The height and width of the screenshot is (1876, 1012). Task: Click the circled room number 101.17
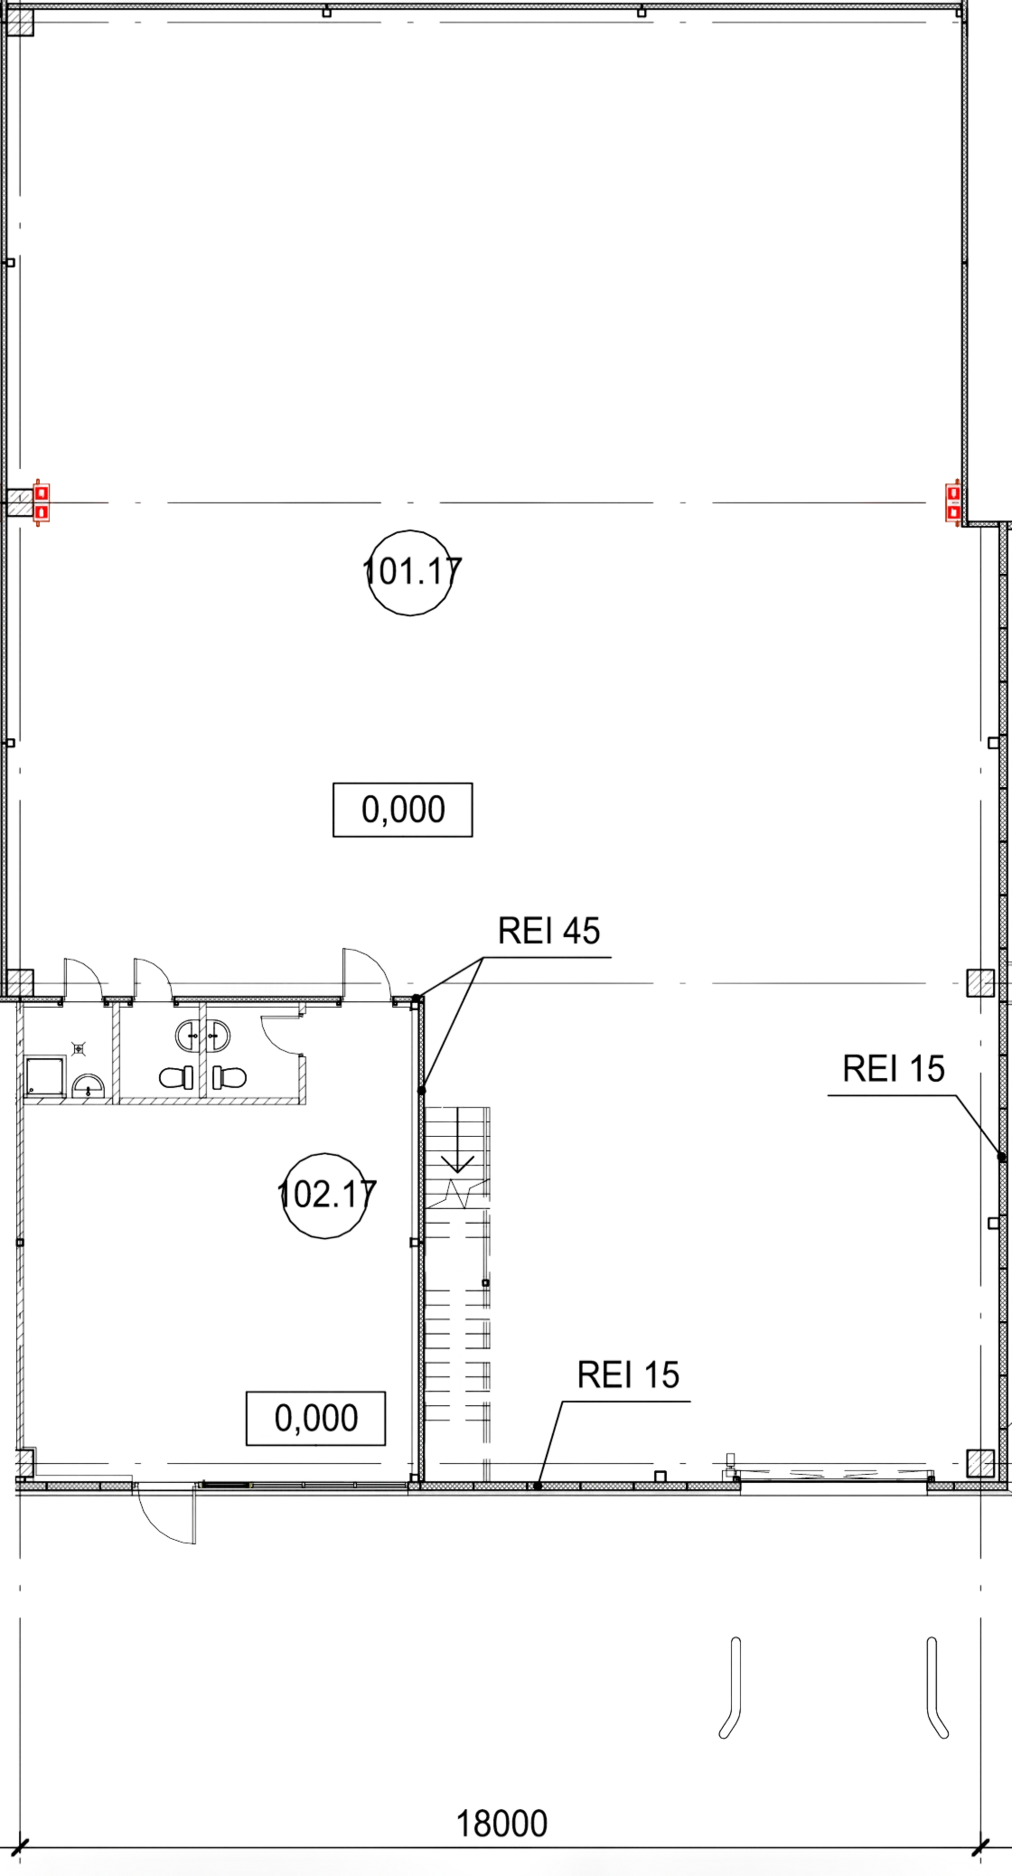[x=411, y=573]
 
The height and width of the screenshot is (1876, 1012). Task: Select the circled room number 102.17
[x=326, y=1195]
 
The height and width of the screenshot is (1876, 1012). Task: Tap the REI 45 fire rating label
[x=549, y=931]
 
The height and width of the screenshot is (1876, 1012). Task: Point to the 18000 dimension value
[x=501, y=1824]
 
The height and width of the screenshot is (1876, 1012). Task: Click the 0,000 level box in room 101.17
[x=403, y=810]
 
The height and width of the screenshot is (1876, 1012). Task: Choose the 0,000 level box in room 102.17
[x=316, y=1418]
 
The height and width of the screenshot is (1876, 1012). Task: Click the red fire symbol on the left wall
[x=41, y=502]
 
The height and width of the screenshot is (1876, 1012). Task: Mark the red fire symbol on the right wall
[x=952, y=502]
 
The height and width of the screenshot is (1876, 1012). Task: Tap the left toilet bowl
[x=177, y=1078]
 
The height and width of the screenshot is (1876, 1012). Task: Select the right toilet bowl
[x=230, y=1078]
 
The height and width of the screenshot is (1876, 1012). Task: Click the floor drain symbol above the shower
[x=79, y=1048]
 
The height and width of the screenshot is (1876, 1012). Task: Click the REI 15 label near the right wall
[x=894, y=1069]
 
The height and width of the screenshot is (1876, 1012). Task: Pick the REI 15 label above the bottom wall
[x=628, y=1375]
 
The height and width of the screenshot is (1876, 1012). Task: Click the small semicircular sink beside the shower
[x=89, y=1086]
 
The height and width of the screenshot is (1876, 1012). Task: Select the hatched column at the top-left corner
[x=20, y=23]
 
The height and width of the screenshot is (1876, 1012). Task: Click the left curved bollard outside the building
[x=732, y=1688]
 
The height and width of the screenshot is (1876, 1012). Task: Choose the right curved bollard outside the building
[x=937, y=1688]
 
